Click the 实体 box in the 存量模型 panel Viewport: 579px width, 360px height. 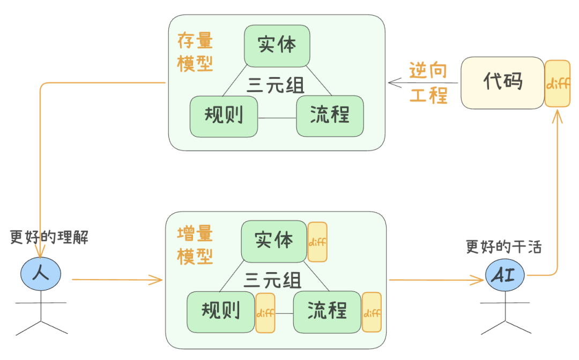(x=277, y=45)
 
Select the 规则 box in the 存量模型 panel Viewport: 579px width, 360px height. (x=224, y=115)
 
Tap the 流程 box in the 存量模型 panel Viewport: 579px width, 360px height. (x=330, y=115)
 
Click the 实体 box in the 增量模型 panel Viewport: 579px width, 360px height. (x=274, y=241)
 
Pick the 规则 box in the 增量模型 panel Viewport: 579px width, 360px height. (x=220, y=310)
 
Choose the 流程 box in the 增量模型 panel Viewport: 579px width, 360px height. (x=326, y=310)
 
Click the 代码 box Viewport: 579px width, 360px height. (x=502, y=82)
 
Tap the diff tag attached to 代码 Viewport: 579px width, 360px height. (x=557, y=83)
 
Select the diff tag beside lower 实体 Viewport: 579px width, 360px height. (x=317, y=242)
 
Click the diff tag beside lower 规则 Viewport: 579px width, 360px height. (x=265, y=313)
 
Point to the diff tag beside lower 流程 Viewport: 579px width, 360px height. (x=372, y=313)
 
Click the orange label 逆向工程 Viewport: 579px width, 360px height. (x=428, y=83)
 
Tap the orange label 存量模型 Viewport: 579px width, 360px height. (x=195, y=52)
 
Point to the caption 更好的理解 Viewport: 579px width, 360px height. (x=49, y=237)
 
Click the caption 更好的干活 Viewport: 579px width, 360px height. (x=504, y=246)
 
